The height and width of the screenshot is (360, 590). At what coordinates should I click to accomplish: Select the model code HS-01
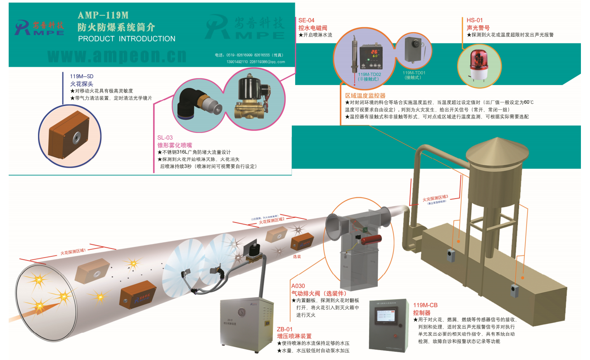[x=474, y=20]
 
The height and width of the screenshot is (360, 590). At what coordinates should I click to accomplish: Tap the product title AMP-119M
[x=103, y=15]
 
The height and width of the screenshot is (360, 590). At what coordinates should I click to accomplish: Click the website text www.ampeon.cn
[x=117, y=56]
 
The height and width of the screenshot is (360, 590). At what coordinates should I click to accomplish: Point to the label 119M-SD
[x=82, y=76]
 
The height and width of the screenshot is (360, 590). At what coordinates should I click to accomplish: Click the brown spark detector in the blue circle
[x=69, y=137]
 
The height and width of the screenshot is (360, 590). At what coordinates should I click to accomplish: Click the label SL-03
[x=165, y=137]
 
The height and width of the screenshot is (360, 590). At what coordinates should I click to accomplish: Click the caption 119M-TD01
[x=414, y=73]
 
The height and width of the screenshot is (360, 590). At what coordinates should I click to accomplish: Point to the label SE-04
[x=306, y=20]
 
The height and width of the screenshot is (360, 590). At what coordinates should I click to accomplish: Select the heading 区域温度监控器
[x=365, y=95]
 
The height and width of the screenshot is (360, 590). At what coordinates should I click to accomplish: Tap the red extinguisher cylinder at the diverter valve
[x=371, y=239]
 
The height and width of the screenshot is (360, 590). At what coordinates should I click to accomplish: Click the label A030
[x=298, y=286]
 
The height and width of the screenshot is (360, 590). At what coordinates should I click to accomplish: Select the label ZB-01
[x=284, y=329]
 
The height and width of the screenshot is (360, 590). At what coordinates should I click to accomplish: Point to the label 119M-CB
[x=425, y=305]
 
